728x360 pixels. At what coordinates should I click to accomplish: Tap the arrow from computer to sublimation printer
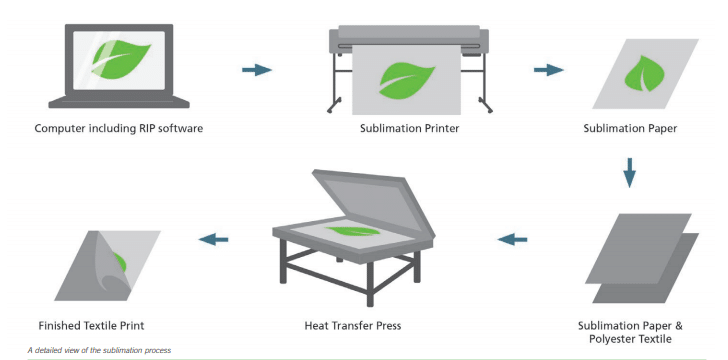click(x=257, y=70)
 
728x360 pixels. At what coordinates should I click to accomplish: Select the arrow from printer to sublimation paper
click(x=547, y=70)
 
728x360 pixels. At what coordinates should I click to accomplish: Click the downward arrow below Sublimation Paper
click(x=629, y=174)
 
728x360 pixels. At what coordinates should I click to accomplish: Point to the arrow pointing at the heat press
click(x=512, y=239)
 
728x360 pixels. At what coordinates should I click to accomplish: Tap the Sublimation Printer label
click(x=411, y=128)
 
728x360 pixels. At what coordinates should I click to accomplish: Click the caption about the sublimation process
click(x=100, y=350)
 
